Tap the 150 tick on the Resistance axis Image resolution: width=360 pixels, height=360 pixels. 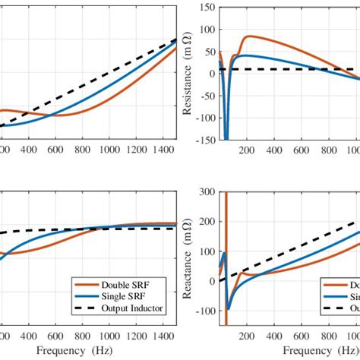(206, 8)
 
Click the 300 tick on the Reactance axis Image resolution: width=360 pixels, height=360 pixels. (206, 192)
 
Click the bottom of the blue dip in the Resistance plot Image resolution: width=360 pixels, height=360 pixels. (226, 138)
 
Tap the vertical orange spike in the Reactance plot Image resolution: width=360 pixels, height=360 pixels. (226, 228)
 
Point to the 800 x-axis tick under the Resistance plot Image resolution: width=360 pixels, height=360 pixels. (329, 150)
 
